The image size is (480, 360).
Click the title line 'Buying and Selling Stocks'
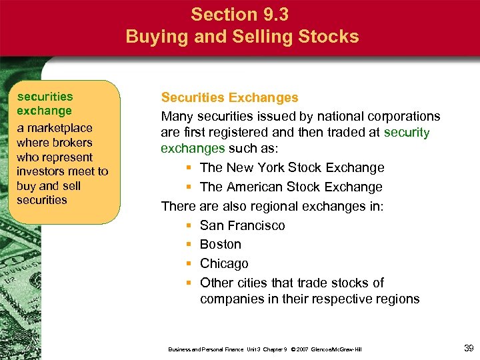tap(242, 36)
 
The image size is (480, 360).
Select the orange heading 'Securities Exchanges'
tap(229, 98)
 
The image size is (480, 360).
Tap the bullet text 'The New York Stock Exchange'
tap(292, 167)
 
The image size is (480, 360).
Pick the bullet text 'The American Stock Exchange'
tap(291, 187)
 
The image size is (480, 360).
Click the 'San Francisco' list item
tap(242, 225)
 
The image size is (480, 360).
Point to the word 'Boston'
tap(221, 244)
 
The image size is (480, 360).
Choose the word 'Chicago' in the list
tap(224, 263)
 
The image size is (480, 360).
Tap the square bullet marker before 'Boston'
tap(189, 245)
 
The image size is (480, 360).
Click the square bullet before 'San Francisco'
tap(189, 226)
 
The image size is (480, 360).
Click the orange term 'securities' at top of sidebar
tap(45, 97)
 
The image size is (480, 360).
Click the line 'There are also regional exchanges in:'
tap(272, 206)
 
